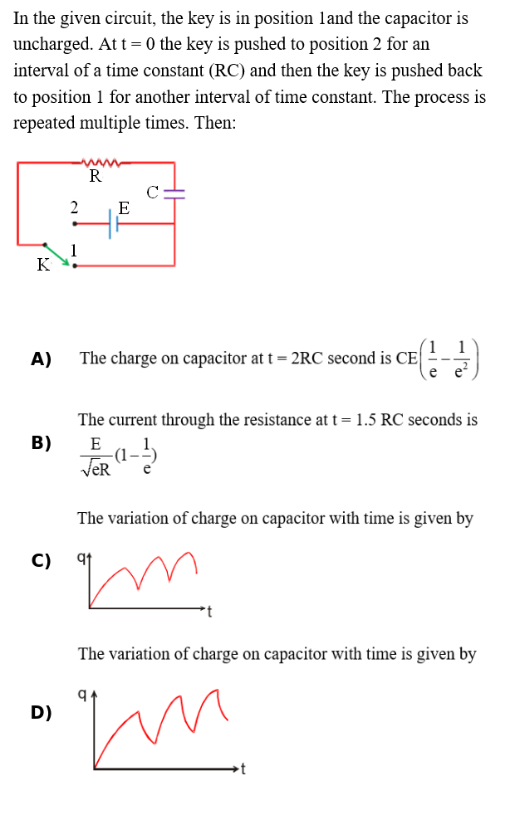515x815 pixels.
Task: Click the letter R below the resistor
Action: click(96, 176)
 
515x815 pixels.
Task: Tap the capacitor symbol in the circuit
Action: click(174, 194)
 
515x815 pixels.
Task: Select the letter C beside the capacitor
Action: click(152, 193)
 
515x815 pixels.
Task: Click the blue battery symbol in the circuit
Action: click(114, 223)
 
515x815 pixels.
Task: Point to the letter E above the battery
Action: click(124, 208)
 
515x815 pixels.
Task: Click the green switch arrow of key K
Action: click(57, 254)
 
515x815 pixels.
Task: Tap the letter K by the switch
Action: click(43, 265)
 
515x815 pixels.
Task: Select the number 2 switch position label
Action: click(74, 207)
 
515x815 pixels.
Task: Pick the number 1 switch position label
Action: click(74, 251)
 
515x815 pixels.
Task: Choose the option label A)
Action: click(41, 359)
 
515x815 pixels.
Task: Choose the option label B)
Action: click(41, 443)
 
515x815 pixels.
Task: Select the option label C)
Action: click(41, 560)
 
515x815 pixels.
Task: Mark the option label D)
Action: click(41, 712)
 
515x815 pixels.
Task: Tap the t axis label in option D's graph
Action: click(243, 769)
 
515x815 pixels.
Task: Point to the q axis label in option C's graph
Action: click(81, 558)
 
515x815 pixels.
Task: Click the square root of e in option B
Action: click(89, 469)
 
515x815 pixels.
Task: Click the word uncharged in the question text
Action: click(52, 44)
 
